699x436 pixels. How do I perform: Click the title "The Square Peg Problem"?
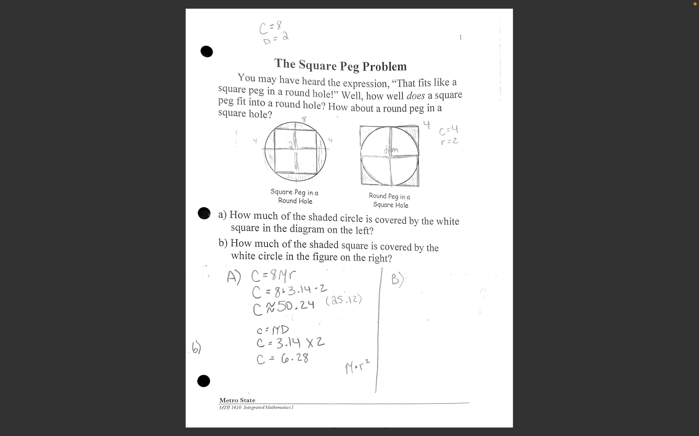340,65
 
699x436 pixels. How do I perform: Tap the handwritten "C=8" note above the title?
270,27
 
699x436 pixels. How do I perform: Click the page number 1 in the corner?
460,37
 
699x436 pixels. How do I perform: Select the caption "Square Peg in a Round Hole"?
294,196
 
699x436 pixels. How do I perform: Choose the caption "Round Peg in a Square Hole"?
390,200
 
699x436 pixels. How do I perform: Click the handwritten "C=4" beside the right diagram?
448,130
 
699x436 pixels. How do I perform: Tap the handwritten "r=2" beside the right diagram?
449,141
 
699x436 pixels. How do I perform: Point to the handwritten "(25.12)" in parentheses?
343,300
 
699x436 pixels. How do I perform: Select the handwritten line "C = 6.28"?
283,359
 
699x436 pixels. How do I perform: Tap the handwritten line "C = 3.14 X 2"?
290,343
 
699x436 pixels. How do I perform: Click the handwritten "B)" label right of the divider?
398,280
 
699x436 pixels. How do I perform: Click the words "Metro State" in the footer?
237,400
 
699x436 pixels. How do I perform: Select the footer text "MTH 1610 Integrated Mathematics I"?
256,407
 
